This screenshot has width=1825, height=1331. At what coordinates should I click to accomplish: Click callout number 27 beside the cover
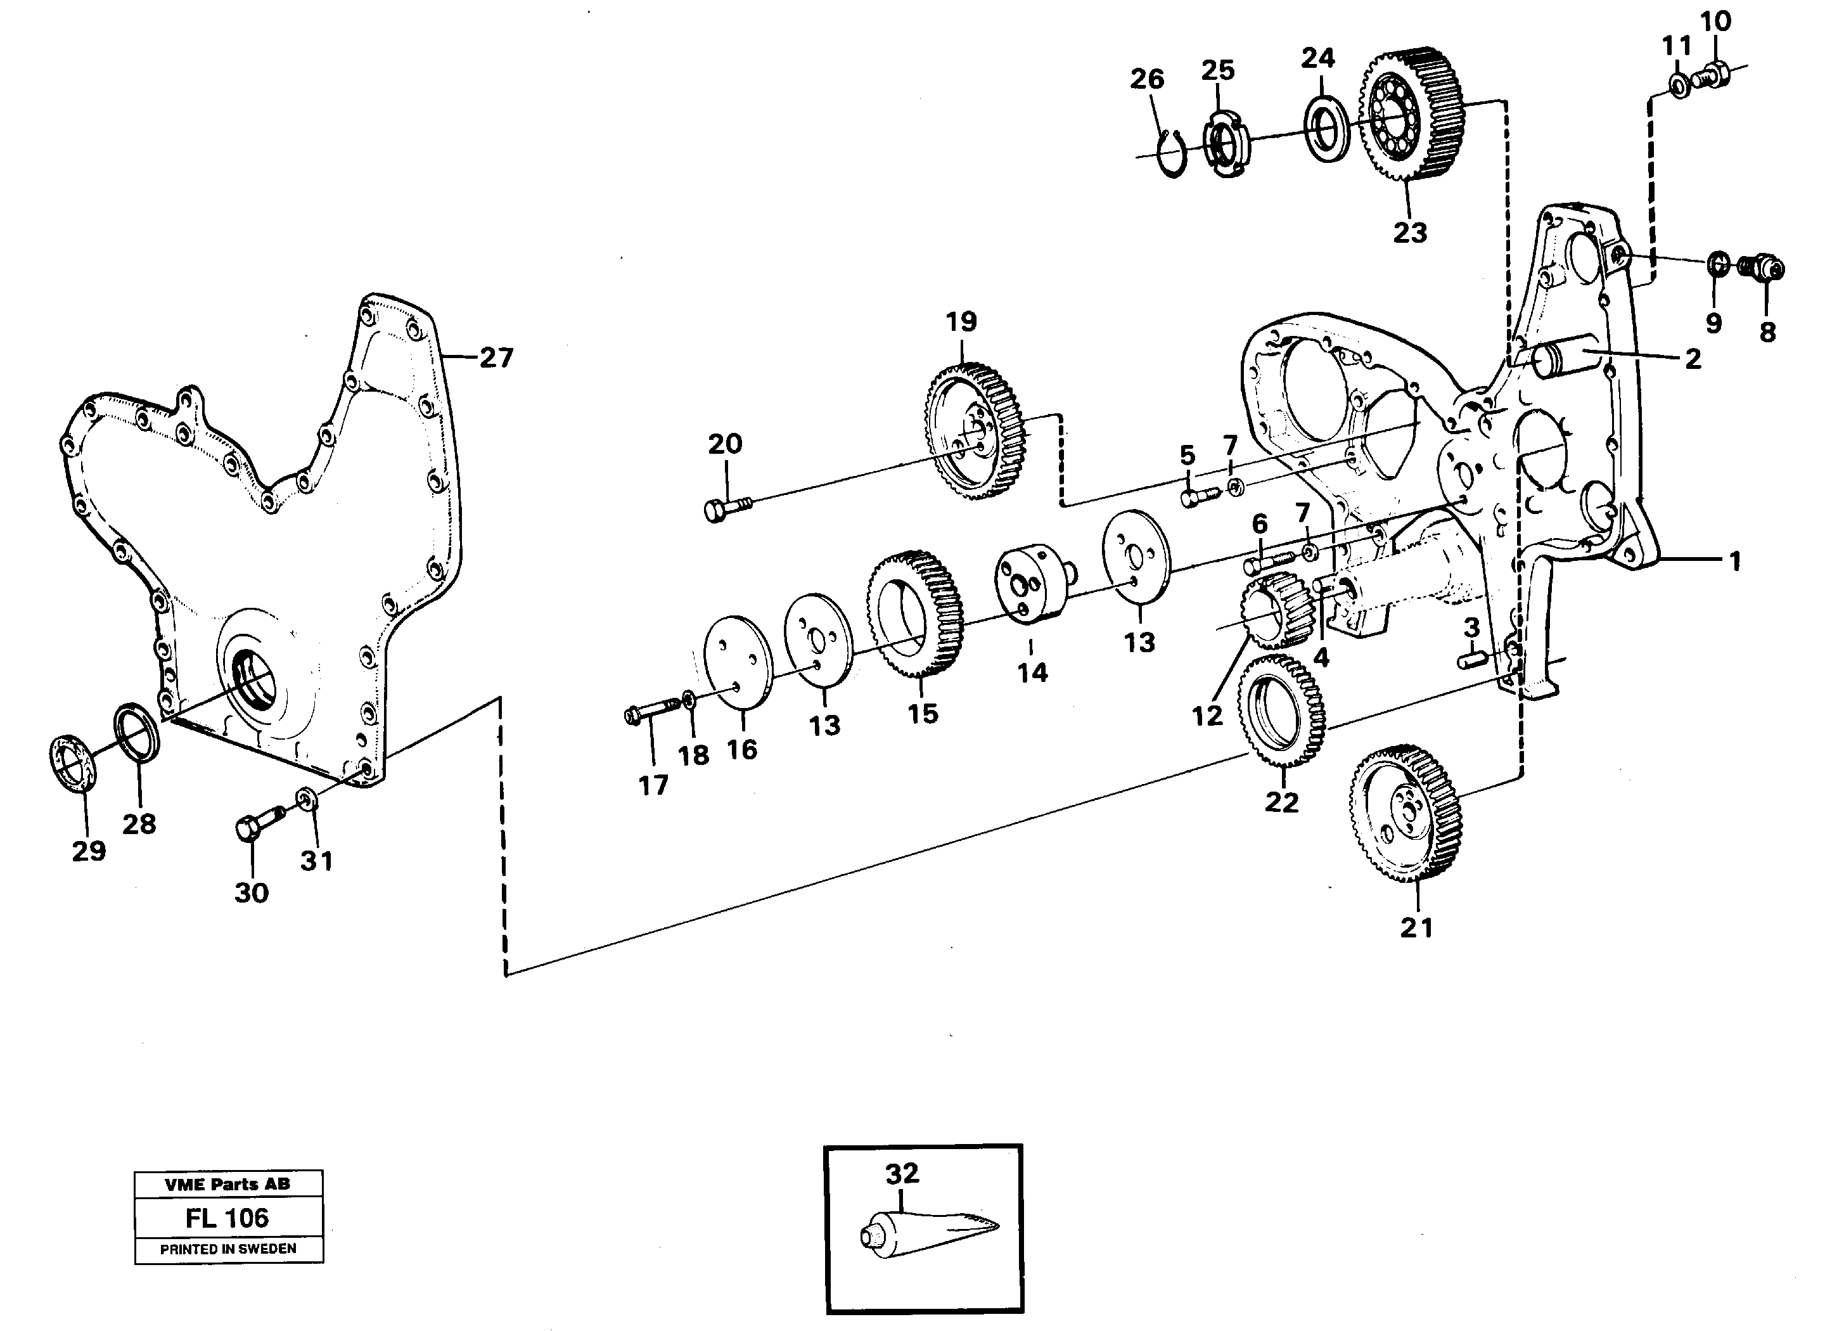(x=496, y=357)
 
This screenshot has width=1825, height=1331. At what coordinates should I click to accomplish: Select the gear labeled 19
(x=974, y=431)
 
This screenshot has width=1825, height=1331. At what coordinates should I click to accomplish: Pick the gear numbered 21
(x=1406, y=814)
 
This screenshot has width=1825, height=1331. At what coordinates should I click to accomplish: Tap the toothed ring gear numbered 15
(x=916, y=615)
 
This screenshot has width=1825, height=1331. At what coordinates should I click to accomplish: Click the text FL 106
(x=227, y=1218)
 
